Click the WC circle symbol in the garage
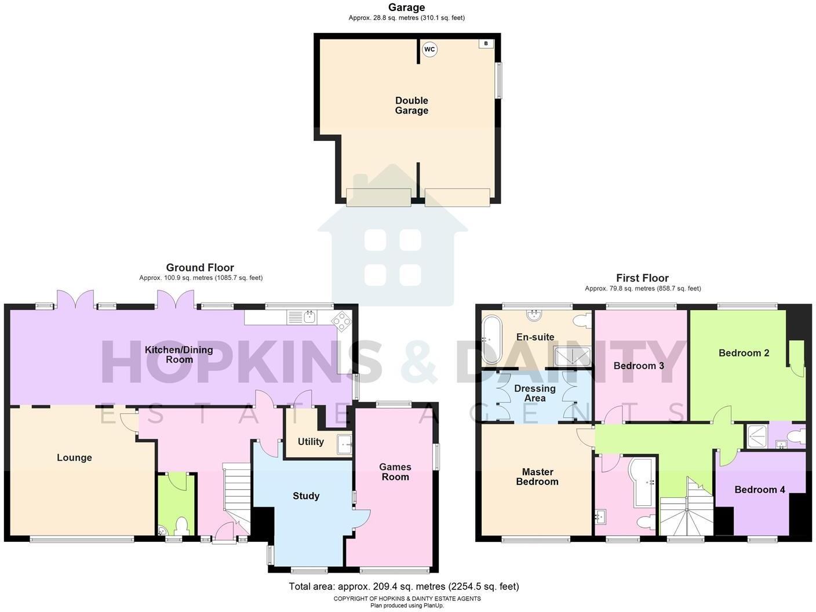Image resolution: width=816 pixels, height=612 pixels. point(429,49)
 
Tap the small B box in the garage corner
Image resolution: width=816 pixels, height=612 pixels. point(486,43)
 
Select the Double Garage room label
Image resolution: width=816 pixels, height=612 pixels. point(411,105)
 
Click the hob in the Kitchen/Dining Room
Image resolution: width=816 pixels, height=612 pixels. point(341,320)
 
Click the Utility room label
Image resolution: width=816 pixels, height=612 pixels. point(311,442)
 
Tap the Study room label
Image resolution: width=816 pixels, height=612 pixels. point(306,496)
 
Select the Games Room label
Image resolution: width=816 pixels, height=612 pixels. point(395,472)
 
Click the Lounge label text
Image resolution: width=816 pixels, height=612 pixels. point(74,458)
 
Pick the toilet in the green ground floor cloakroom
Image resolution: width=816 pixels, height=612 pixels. point(182,526)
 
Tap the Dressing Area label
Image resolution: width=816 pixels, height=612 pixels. point(535,393)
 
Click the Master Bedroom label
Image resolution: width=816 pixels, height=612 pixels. point(537,476)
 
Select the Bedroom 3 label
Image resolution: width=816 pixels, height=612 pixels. point(639,366)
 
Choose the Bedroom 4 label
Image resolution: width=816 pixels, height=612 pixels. point(760,490)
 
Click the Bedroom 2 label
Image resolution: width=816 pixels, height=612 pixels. point(744,353)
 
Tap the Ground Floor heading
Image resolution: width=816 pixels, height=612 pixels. point(200,268)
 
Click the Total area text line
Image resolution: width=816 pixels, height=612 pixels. point(404,586)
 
